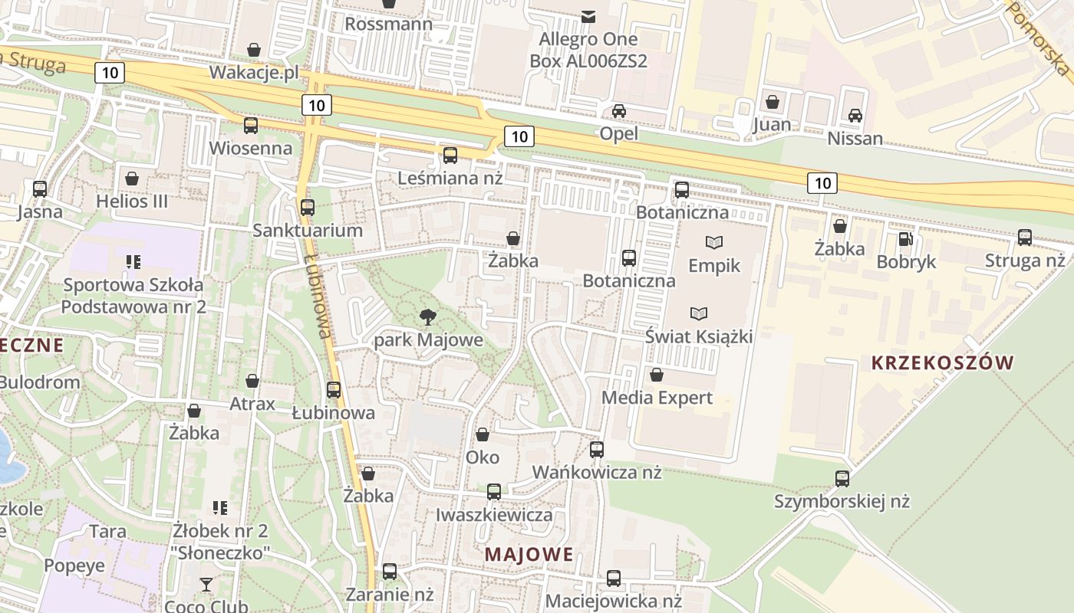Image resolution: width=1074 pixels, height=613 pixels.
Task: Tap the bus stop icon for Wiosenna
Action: [x=251, y=126]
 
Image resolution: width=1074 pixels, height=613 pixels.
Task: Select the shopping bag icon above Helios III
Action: [x=132, y=179]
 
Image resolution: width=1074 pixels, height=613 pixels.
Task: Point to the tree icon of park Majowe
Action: [x=428, y=316]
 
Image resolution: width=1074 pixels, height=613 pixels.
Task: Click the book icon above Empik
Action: [x=714, y=243]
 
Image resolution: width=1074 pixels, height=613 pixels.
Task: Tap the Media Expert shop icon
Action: [x=657, y=375]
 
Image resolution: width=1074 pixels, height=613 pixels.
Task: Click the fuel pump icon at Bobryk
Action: [x=906, y=239]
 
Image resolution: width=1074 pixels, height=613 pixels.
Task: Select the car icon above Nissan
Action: [x=855, y=116]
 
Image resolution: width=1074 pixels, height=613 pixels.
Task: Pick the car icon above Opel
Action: [x=618, y=111]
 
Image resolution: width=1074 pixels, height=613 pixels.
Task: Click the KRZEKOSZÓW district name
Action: [x=943, y=362]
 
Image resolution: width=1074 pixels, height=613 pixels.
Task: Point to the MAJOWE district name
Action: [x=529, y=554]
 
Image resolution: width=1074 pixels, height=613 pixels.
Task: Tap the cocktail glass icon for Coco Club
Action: [x=206, y=585]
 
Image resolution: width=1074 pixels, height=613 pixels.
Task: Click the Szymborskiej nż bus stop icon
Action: [x=842, y=479]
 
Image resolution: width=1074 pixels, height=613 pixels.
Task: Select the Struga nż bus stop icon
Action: [x=1025, y=238]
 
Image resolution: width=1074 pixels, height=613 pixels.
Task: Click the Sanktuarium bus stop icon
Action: [x=308, y=207]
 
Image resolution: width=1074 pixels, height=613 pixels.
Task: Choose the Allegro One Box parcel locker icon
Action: [x=588, y=15]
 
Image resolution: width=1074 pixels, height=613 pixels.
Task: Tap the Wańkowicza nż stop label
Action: [x=597, y=472]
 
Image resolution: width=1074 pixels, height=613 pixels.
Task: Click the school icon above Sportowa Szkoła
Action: [x=133, y=262]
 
